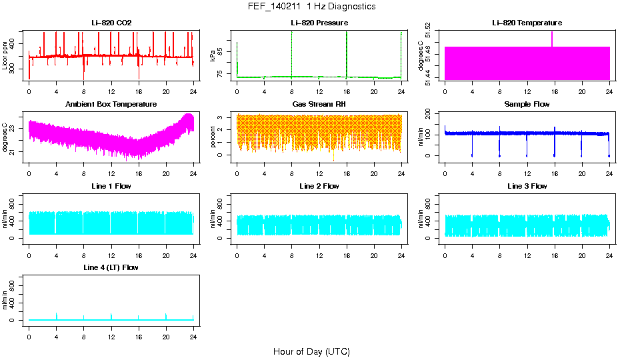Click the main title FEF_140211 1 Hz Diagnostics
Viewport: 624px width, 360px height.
(311, 7)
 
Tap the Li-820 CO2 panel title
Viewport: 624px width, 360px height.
(111, 23)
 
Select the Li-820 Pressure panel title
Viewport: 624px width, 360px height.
(319, 23)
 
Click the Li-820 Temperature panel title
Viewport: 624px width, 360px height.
(527, 23)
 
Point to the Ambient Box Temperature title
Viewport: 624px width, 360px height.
(111, 105)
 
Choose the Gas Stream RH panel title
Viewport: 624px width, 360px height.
(319, 105)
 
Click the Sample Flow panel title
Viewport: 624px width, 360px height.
(527, 105)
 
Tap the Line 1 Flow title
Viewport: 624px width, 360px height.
(111, 186)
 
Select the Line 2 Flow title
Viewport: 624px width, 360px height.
(319, 186)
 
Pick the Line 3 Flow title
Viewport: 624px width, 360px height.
(527, 186)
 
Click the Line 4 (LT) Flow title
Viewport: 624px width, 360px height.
(111, 267)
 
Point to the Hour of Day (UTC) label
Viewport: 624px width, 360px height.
(311, 351)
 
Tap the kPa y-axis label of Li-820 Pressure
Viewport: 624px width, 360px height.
(213, 56)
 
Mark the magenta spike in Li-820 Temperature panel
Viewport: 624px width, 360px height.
(552, 39)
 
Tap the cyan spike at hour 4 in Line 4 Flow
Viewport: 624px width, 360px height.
(57, 315)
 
